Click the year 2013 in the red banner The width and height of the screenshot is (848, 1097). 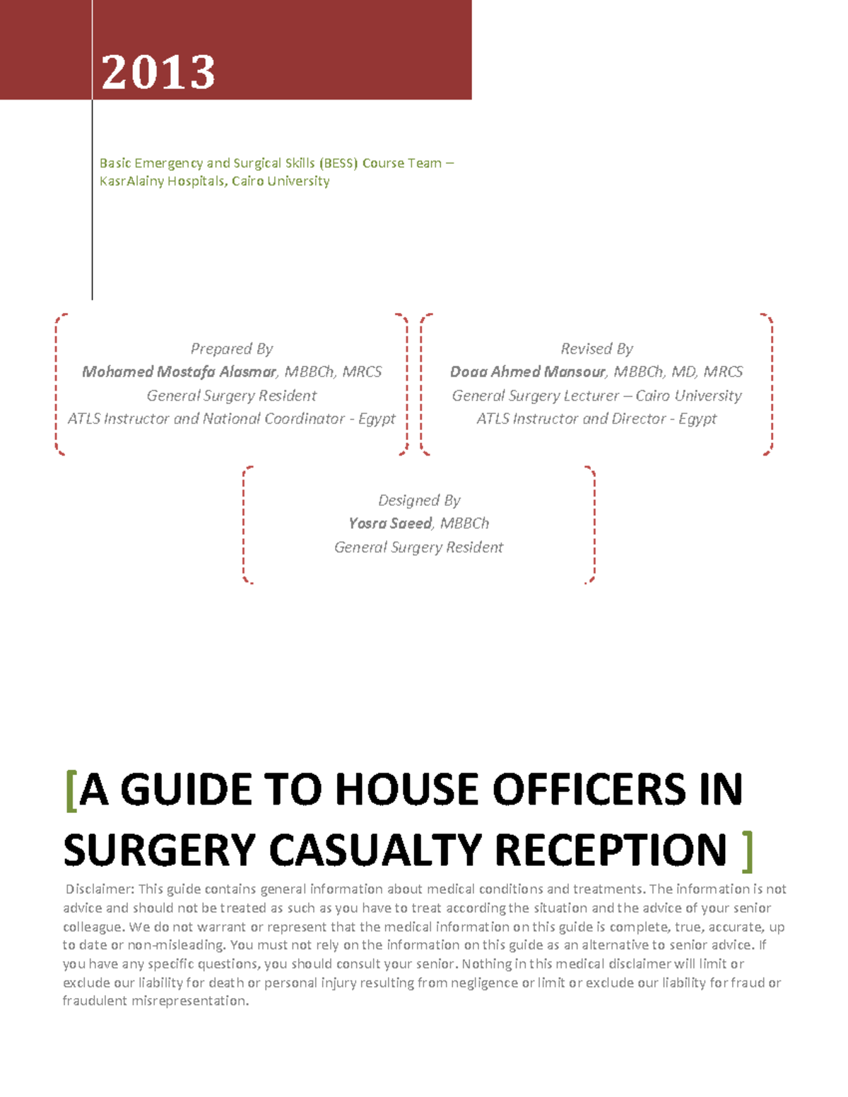[x=158, y=72]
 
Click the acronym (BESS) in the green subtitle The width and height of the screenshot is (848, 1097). [x=338, y=163]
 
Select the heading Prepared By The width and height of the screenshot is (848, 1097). [x=231, y=349]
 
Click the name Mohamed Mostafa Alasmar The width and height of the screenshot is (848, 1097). [x=179, y=372]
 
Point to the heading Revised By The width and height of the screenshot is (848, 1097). [x=596, y=349]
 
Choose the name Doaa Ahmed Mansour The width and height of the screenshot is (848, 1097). [x=528, y=372]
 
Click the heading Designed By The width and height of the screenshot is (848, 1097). [x=419, y=501]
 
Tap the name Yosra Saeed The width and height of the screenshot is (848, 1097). [x=390, y=523]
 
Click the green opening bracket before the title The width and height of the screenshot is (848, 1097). [x=70, y=790]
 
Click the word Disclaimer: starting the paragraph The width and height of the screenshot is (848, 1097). [x=100, y=889]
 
